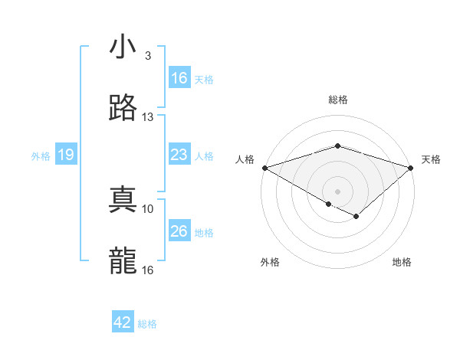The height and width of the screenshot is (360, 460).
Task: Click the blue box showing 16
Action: (179, 78)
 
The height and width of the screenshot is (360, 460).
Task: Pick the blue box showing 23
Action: (179, 155)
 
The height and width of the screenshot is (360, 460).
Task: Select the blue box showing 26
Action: (179, 231)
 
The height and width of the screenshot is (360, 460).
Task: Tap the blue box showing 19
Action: (66, 155)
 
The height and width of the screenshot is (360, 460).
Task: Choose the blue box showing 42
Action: (123, 322)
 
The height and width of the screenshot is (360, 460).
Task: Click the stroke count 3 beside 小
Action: (147, 56)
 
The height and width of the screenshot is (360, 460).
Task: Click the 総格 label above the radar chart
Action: (338, 100)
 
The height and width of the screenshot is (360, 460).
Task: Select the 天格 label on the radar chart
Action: (432, 159)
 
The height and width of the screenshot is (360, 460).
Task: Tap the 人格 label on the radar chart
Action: (245, 159)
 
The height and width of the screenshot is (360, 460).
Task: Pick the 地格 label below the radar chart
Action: (402, 263)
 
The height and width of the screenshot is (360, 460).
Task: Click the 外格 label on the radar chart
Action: (270, 263)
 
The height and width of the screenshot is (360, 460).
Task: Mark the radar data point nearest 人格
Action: (264, 168)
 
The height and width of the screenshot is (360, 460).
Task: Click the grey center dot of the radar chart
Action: (338, 191)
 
